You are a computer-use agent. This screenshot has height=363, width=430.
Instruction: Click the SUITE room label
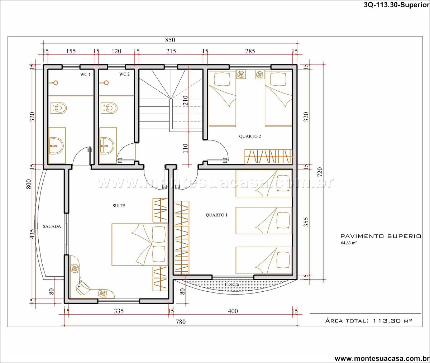pyautogui.click(x=119, y=206)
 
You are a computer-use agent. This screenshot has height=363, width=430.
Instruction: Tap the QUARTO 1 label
pyautogui.click(x=216, y=215)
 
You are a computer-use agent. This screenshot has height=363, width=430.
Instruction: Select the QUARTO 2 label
pyautogui.click(x=250, y=137)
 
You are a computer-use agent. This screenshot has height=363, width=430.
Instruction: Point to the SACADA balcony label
pyautogui.click(x=52, y=226)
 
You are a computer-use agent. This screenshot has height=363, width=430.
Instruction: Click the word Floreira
pyautogui.click(x=232, y=284)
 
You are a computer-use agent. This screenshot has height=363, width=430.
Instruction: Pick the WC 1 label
pyautogui.click(x=85, y=75)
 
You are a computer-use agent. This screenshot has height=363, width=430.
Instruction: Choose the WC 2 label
pyautogui.click(x=124, y=74)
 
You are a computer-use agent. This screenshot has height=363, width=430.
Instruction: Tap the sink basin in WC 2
pyautogui.click(x=106, y=145)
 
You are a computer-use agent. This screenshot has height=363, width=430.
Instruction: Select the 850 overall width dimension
pyautogui.click(x=170, y=40)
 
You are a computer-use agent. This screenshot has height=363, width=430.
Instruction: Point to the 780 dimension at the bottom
pyautogui.click(x=181, y=321)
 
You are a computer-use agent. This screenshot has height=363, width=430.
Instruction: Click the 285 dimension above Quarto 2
pyautogui.click(x=250, y=51)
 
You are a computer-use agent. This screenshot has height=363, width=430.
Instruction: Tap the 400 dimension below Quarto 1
pyautogui.click(x=233, y=311)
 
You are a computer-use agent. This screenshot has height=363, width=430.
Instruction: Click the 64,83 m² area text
pyautogui.click(x=348, y=243)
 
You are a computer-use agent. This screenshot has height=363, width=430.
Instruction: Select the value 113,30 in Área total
pyautogui.click(x=385, y=321)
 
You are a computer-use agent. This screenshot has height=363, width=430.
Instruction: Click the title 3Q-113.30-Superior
pyautogui.click(x=397, y=5)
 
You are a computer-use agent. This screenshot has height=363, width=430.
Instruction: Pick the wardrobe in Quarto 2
pyautogui.click(x=268, y=157)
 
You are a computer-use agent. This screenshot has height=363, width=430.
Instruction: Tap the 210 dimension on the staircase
pyautogui.click(x=185, y=100)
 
